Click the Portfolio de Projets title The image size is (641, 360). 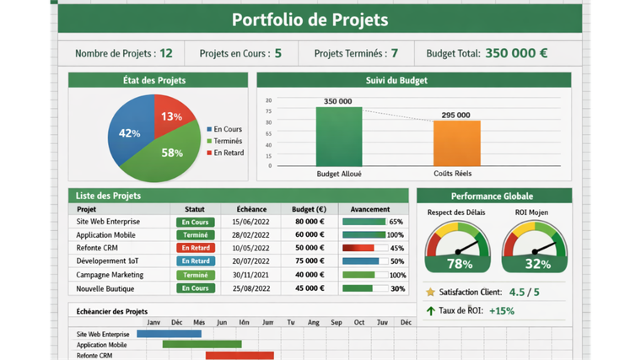[x=310, y=19]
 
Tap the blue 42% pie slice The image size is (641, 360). [x=132, y=132]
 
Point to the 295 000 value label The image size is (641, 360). [x=456, y=115]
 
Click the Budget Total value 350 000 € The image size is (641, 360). [x=516, y=53]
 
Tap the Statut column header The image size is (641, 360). [x=195, y=209]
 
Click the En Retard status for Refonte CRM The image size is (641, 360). [x=195, y=249]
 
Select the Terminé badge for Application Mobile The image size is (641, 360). [x=195, y=235]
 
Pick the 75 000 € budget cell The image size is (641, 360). [x=309, y=261]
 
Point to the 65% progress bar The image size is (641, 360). [x=364, y=222]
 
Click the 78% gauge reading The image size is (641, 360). [x=459, y=264]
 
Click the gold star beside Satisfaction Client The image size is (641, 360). [x=431, y=293]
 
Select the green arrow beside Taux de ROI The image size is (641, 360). [x=431, y=310]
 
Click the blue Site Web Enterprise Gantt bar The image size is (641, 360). [x=169, y=334]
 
